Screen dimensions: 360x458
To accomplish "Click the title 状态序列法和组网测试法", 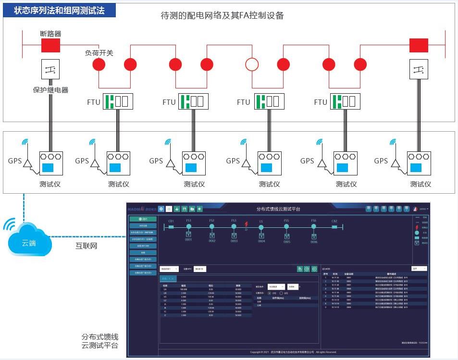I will point(59,10).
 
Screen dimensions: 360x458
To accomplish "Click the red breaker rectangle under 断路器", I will point(50,45).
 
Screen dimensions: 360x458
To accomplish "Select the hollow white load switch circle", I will point(252,64).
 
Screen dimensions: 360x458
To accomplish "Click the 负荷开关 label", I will point(99,53).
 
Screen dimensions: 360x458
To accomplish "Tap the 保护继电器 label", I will point(50,90).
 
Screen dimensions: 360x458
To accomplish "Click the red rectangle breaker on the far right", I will point(418,45).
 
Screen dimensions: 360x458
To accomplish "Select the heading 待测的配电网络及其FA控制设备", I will point(222,15).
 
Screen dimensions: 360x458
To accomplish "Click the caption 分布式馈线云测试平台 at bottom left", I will point(99,341).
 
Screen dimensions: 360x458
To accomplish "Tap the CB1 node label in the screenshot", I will point(171,221).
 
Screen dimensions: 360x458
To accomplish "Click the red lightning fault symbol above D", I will point(246,224).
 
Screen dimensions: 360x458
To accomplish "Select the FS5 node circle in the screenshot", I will point(287,226).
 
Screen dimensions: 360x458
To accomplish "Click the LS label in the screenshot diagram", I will point(261,221).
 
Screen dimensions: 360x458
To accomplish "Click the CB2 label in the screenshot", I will point(334,221).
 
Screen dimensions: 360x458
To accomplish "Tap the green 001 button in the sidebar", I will point(143,219).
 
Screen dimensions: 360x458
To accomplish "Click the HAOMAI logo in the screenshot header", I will point(142,209).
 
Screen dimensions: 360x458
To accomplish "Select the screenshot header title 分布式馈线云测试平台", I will point(278,209).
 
